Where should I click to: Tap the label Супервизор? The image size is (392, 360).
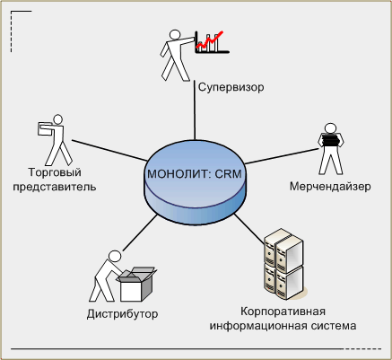(231, 87)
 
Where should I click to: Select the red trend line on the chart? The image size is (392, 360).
(209, 40)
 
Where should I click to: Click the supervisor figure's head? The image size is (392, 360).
(174, 34)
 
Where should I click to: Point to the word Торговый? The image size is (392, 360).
(55, 172)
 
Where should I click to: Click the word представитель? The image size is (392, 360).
(55, 187)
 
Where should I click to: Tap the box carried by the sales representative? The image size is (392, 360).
(45, 128)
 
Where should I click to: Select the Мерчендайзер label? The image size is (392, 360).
(330, 187)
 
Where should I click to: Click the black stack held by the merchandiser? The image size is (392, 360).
(330, 140)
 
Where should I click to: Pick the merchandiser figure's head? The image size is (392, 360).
(330, 127)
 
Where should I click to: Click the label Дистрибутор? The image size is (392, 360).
(122, 314)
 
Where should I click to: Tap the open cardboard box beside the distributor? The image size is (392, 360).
(136, 285)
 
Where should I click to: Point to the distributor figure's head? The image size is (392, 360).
(115, 257)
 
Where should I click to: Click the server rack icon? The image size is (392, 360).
(283, 264)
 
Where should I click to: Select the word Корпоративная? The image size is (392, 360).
(283, 312)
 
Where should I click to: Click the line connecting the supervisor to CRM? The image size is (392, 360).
(195, 110)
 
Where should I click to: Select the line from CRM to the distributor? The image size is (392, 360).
(140, 233)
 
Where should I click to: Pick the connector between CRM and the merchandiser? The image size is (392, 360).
(282, 156)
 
